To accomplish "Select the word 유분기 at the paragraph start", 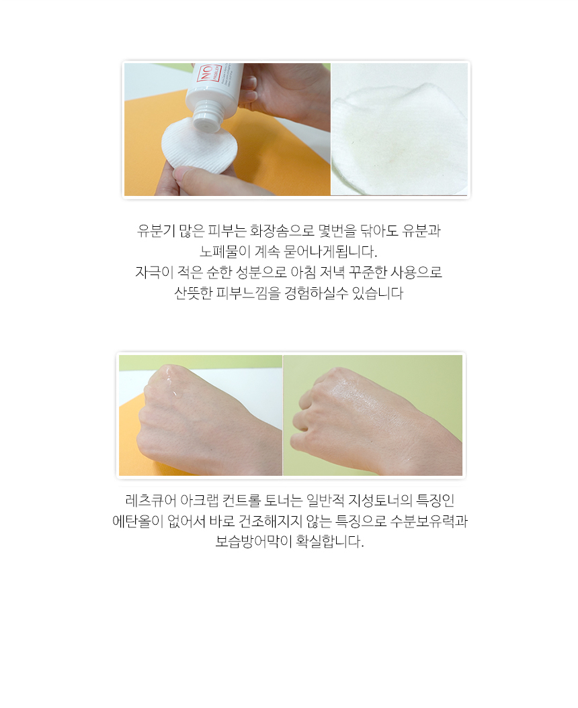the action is [x=156, y=231].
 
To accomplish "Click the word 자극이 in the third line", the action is [x=154, y=272].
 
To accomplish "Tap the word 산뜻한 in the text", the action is [x=193, y=293].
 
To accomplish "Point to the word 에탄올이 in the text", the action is [x=138, y=521].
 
